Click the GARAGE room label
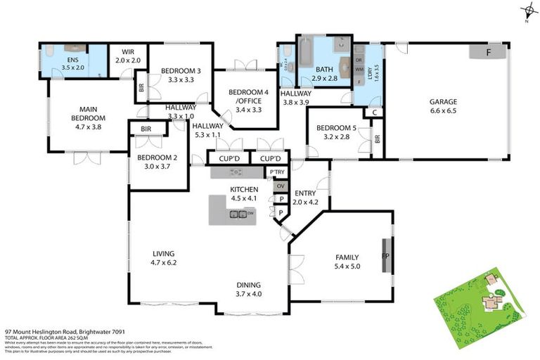point(443,101)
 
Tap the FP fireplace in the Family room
point(386,257)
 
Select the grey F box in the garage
point(489,52)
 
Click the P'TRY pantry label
point(277,172)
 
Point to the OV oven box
point(281,186)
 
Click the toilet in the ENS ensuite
point(49,51)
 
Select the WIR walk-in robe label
point(128,51)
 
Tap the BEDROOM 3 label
point(181,70)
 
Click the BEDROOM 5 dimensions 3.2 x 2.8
point(332,137)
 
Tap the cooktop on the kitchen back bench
point(236,172)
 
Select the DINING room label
point(248,285)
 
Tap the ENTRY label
point(305,193)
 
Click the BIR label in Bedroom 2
point(146,129)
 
